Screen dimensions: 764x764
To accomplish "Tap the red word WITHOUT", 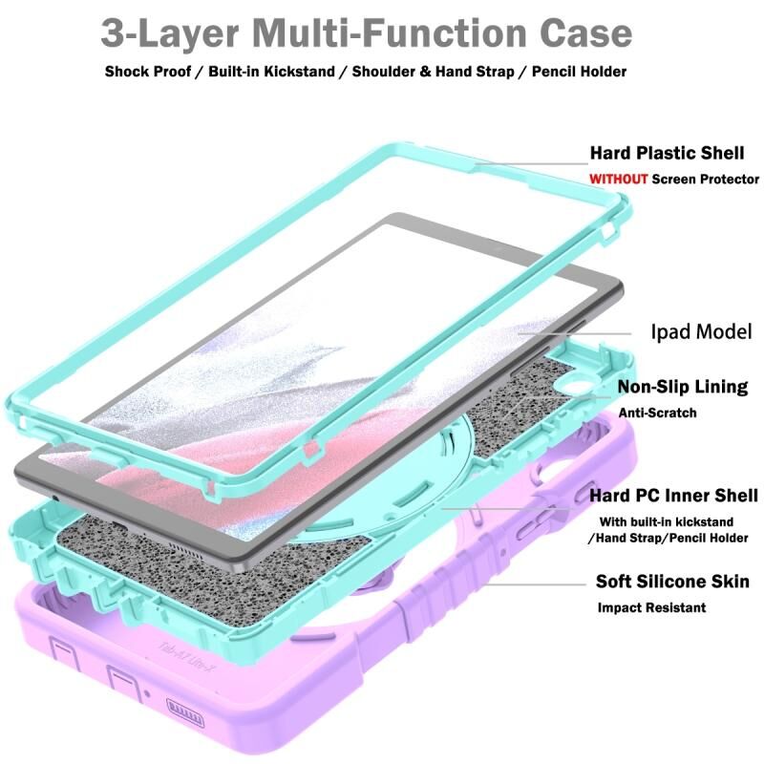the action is pos(618,180).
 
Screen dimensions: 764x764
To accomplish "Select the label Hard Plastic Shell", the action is pos(667,153).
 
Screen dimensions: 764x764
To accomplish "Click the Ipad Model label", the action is pos(702,331).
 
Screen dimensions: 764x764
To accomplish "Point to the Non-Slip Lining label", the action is pos(683,387).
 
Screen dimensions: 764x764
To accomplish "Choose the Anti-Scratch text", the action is pos(657,414).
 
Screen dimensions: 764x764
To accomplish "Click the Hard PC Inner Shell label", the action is pos(674,496).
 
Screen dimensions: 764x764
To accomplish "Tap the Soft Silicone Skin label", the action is pos(672,582).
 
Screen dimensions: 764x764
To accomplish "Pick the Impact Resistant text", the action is pos(651,607).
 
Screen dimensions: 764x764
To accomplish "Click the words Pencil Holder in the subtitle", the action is pos(579,72).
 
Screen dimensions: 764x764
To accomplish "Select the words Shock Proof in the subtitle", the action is pos(148,72).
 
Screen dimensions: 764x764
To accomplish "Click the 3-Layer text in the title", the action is pos(170,34).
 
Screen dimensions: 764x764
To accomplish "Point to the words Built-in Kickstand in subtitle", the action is pos(271,72).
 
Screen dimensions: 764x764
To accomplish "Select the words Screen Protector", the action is pos(706,180).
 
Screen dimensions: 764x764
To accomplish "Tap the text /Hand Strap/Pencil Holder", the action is pos(668,538).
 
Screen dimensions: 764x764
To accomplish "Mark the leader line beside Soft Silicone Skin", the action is pos(537,584).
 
